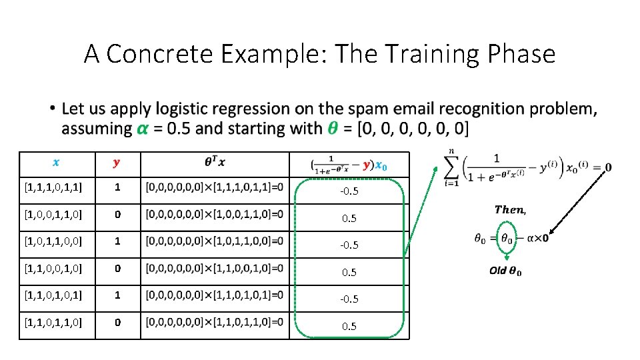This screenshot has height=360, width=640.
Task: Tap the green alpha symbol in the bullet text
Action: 142,128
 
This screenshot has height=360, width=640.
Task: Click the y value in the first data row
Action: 117,188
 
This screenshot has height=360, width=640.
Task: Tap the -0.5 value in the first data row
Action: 349,191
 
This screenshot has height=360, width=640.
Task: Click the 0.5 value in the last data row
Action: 349,326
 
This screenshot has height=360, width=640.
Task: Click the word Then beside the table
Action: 510,209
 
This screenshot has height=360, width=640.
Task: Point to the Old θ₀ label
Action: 506,271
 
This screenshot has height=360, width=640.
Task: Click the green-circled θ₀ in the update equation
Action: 507,238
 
